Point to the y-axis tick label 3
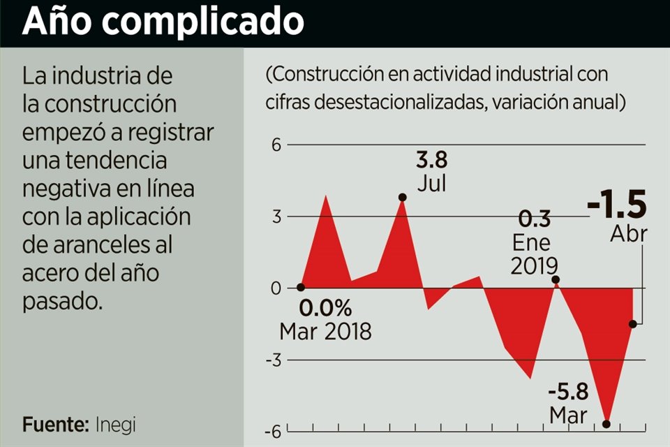pyautogui.click(x=276, y=217)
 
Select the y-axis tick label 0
pyautogui.click(x=276, y=288)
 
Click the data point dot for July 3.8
pyautogui.click(x=403, y=198)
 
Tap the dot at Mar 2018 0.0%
pyautogui.click(x=301, y=287)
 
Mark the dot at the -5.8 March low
pyautogui.click(x=606, y=424)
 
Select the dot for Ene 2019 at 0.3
pyautogui.click(x=556, y=279)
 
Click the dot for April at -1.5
pyautogui.click(x=633, y=323)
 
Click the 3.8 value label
pyautogui.click(x=431, y=161)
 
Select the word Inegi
pyautogui.click(x=116, y=424)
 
